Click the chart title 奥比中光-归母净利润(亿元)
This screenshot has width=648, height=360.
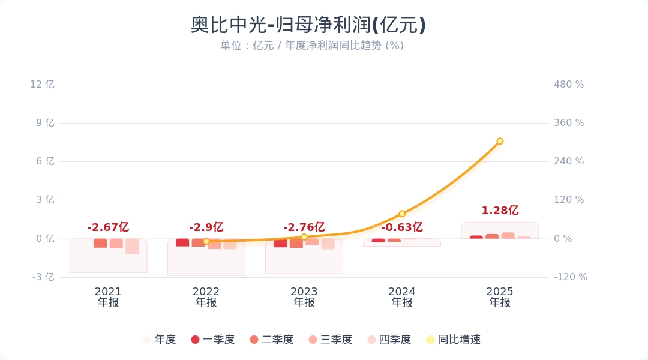308,25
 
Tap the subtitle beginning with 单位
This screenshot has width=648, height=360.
312,46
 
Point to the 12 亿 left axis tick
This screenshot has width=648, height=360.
43,85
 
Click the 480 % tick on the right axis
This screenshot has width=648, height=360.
569,85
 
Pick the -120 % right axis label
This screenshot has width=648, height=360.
570,277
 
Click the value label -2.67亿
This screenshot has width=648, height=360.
108,227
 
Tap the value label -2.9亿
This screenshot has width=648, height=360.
206,227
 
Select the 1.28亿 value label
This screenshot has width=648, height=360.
500,211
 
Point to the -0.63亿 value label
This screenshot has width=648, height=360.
401,227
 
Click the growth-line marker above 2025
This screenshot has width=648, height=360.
500,142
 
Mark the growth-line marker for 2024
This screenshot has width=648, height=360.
402,214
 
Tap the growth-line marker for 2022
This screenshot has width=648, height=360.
206,241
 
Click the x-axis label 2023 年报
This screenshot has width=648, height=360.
304,297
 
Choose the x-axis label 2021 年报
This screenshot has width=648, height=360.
108,297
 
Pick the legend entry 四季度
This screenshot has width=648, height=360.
389,340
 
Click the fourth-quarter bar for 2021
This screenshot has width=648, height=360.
132,246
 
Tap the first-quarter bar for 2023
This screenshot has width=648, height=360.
280,243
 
